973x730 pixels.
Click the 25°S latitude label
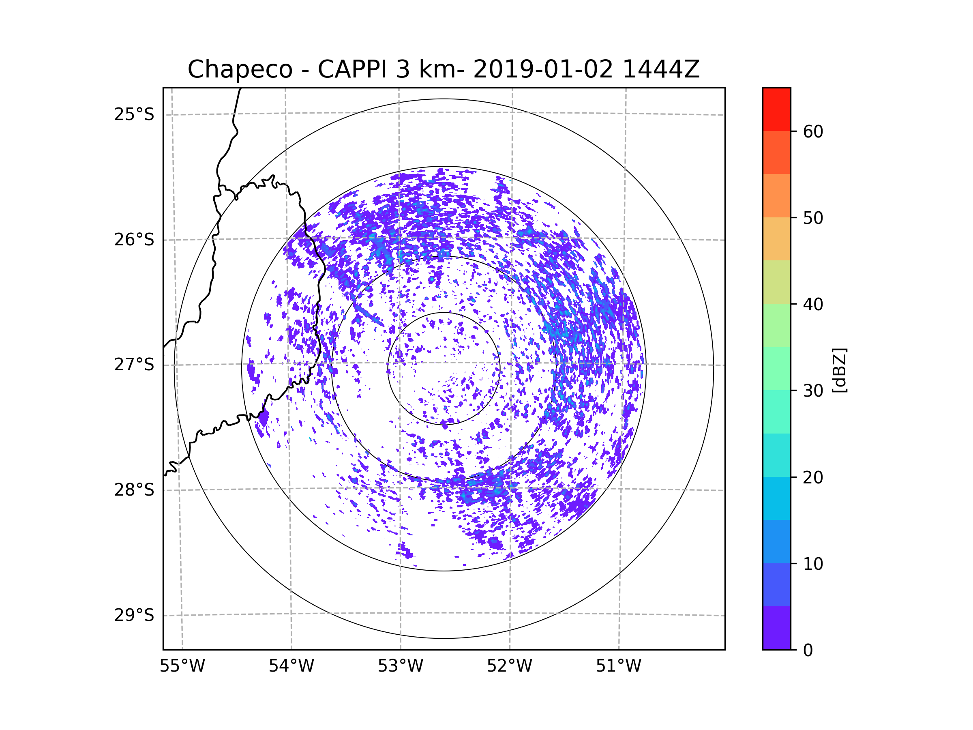(134, 114)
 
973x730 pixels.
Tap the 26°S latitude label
(134, 240)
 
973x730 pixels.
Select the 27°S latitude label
(134, 365)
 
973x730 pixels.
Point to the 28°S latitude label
(134, 490)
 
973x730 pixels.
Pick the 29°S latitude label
(134, 615)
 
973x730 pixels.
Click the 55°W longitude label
(182, 666)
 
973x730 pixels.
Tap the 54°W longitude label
(291, 666)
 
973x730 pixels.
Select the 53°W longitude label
(400, 666)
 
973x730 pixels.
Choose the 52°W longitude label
(509, 666)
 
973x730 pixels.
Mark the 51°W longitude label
(618, 666)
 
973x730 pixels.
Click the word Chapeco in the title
(240, 69)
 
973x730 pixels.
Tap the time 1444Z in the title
(661, 69)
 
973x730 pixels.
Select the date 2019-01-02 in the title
(543, 69)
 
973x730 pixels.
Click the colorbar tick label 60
(813, 131)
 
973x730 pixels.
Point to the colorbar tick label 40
(813, 304)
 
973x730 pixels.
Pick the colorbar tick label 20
(813, 477)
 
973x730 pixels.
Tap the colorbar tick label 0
(808, 651)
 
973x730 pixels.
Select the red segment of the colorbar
(776, 109)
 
